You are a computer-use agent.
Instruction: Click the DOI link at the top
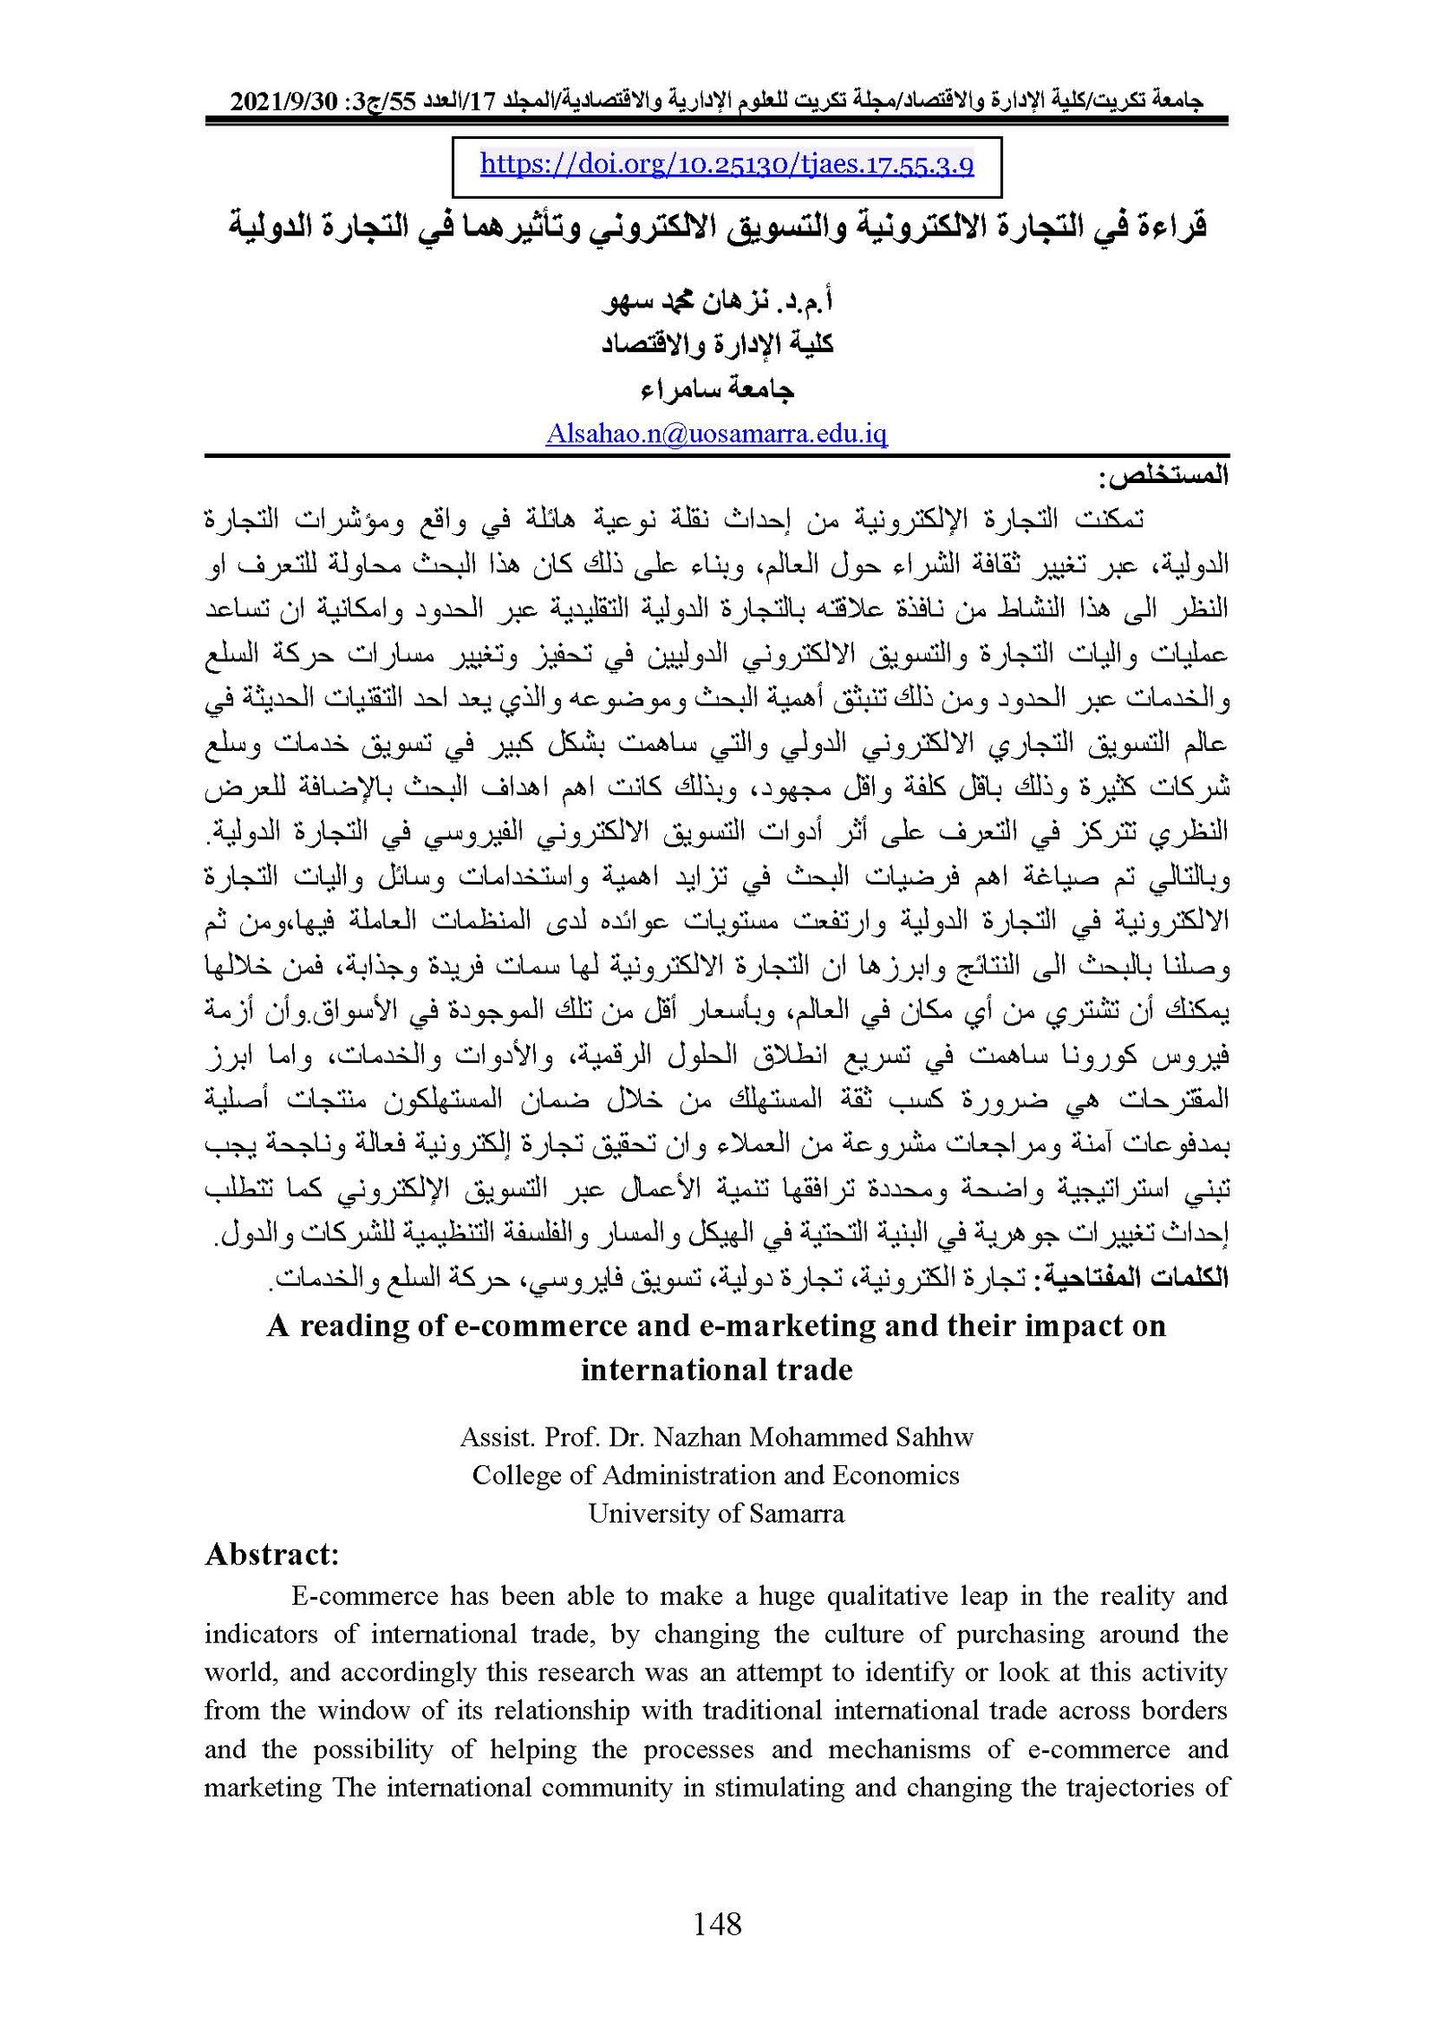pyautogui.click(x=727, y=165)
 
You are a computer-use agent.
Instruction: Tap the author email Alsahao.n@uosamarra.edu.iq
pyautogui.click(x=716, y=435)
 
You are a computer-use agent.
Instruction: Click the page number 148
pyautogui.click(x=717, y=1921)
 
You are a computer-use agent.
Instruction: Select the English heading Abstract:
pyautogui.click(x=272, y=1555)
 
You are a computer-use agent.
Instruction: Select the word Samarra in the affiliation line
pyautogui.click(x=795, y=1514)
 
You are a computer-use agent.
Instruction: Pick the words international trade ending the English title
pyautogui.click(x=716, y=1370)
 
